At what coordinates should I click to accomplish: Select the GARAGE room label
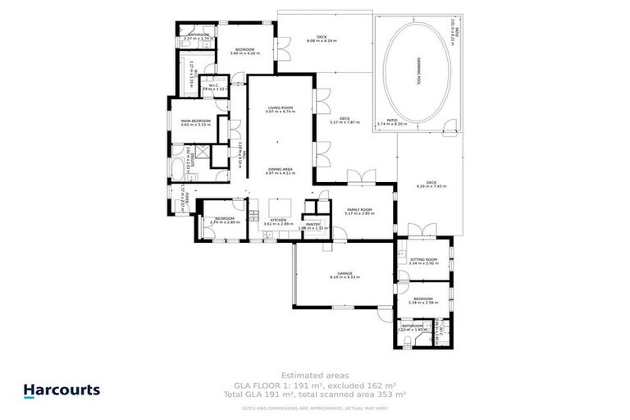(331, 274)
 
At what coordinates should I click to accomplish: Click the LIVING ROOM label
(280, 108)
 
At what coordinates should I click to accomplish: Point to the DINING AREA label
(280, 170)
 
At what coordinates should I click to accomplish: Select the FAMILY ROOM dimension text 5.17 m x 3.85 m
(358, 213)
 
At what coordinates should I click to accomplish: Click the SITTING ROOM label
(423, 259)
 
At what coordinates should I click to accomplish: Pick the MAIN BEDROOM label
(196, 121)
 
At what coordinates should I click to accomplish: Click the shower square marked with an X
(217, 153)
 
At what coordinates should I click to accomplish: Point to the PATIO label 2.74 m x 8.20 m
(391, 124)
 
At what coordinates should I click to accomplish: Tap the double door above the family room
(358, 177)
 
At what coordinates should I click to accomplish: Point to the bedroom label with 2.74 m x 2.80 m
(224, 220)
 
